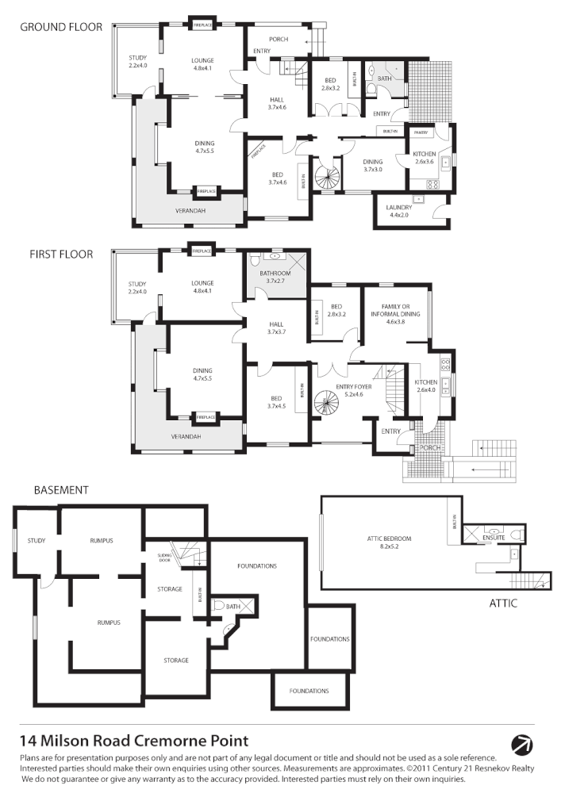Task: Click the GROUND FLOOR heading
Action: (61, 27)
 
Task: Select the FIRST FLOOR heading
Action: (61, 255)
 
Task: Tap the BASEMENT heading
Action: (60, 490)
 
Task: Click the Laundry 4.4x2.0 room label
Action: (399, 211)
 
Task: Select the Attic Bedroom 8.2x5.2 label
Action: (389, 542)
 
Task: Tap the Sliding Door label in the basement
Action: (165, 557)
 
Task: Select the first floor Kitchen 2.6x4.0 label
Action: (426, 386)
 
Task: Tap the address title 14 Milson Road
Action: (134, 741)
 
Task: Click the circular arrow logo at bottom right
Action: (523, 745)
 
